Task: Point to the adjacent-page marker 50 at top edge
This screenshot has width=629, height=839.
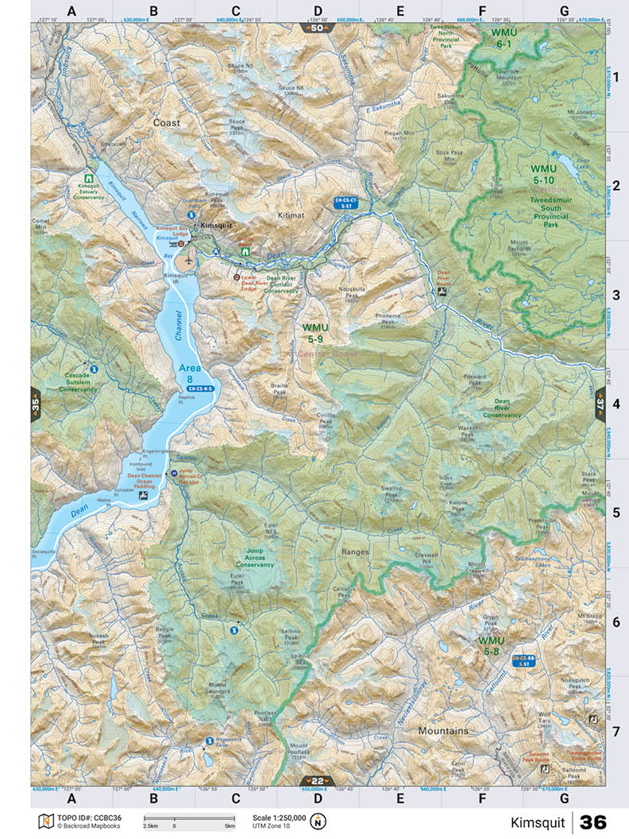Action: (x=317, y=28)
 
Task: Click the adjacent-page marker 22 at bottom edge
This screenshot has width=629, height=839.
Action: (x=317, y=780)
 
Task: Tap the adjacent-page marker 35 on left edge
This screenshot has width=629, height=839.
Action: (x=36, y=404)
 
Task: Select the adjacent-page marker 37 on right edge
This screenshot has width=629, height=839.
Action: (x=600, y=404)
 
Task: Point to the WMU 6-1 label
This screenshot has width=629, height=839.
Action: (x=504, y=40)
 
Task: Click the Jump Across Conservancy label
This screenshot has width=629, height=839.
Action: (x=254, y=558)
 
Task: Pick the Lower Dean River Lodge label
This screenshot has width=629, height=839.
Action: (x=253, y=283)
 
